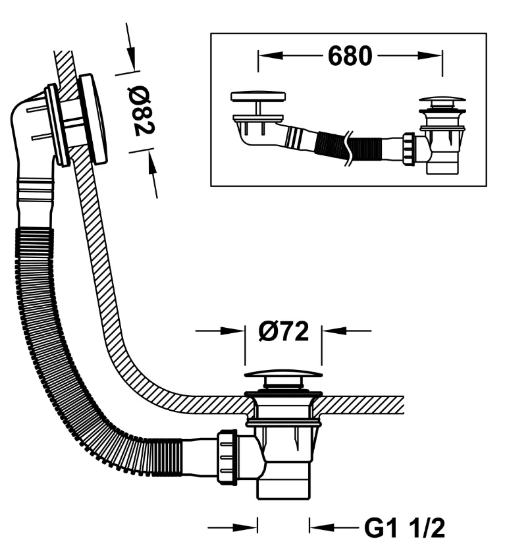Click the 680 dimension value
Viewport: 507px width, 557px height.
350,56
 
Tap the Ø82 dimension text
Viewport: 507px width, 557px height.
141,111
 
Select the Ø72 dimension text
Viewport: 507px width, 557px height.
284,331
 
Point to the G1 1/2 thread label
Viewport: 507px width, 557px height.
405,529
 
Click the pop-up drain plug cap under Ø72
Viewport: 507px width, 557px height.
283,374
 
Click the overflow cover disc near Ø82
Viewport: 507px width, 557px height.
93,119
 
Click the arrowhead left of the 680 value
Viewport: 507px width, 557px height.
271,56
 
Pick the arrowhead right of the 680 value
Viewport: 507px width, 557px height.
430,56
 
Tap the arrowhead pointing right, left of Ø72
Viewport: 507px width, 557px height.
232,331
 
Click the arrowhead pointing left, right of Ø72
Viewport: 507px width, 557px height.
334,331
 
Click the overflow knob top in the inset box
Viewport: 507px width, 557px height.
258,96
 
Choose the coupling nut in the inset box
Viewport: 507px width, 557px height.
409,149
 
